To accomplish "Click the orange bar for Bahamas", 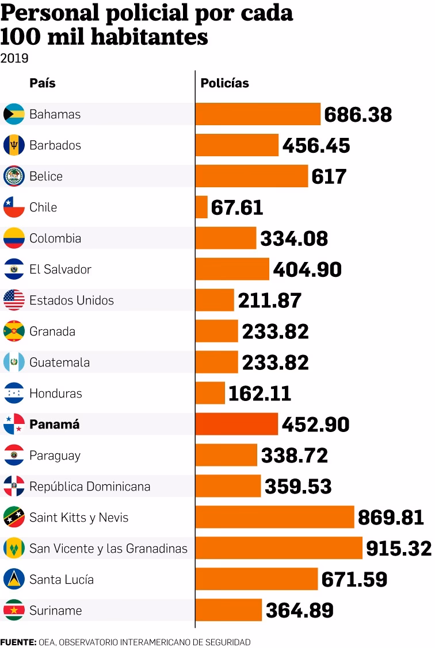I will [x=258, y=114].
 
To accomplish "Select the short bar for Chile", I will [x=202, y=207].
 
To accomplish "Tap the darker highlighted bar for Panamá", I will [x=237, y=425].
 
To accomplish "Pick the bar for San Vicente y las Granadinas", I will [x=279, y=549].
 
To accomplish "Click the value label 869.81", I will [x=391, y=518].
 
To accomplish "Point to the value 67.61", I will [x=237, y=207].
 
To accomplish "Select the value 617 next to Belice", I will [x=329, y=176].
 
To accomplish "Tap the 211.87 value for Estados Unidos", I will [x=270, y=300].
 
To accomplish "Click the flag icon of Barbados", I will [x=14, y=145].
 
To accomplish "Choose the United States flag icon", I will [x=14, y=300].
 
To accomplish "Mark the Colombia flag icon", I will [x=14, y=238].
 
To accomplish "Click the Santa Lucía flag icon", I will [x=14, y=580].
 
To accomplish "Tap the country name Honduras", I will [x=56, y=394].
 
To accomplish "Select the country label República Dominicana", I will [x=90, y=487].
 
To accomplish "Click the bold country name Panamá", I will [x=54, y=425].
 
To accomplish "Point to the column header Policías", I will [x=224, y=83].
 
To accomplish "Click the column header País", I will [x=43, y=83].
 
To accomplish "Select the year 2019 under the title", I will [x=14, y=58].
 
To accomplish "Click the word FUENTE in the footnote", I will [x=18, y=642].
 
